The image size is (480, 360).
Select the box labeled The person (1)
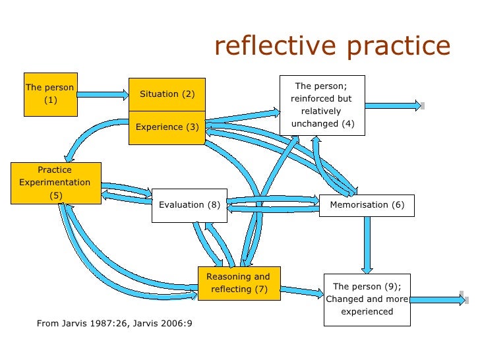[x=51, y=94]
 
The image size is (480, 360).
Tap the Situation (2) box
[x=167, y=94]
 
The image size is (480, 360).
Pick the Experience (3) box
[x=167, y=127]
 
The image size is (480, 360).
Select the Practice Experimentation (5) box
[x=55, y=182]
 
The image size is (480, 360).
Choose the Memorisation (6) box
[x=367, y=205]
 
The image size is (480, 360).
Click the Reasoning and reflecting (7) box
[x=238, y=283]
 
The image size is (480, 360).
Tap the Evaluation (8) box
[x=190, y=205]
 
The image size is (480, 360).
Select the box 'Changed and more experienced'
[x=367, y=299]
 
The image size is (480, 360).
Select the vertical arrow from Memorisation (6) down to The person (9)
[x=367, y=243]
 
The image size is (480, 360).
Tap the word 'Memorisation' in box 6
[x=359, y=205]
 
